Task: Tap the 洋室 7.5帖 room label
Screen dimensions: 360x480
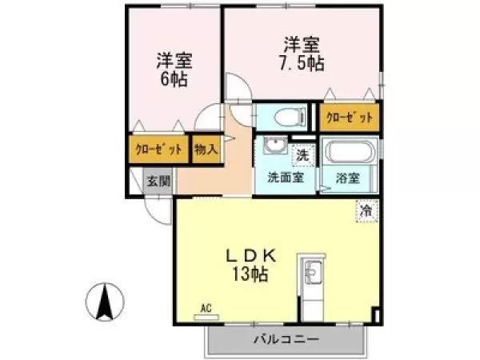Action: [302, 54]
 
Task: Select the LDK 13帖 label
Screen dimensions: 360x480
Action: [250, 265]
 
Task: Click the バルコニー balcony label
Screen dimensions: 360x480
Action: [286, 339]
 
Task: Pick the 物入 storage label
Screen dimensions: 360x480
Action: [206, 149]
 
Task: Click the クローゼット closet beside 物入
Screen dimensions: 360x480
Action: [158, 149]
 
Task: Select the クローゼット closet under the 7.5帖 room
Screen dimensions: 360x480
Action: [349, 118]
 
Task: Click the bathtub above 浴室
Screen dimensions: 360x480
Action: [350, 151]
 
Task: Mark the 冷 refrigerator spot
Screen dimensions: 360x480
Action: [366, 212]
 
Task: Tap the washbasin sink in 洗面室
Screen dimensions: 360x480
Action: [274, 148]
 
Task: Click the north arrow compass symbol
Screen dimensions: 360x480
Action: [104, 302]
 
